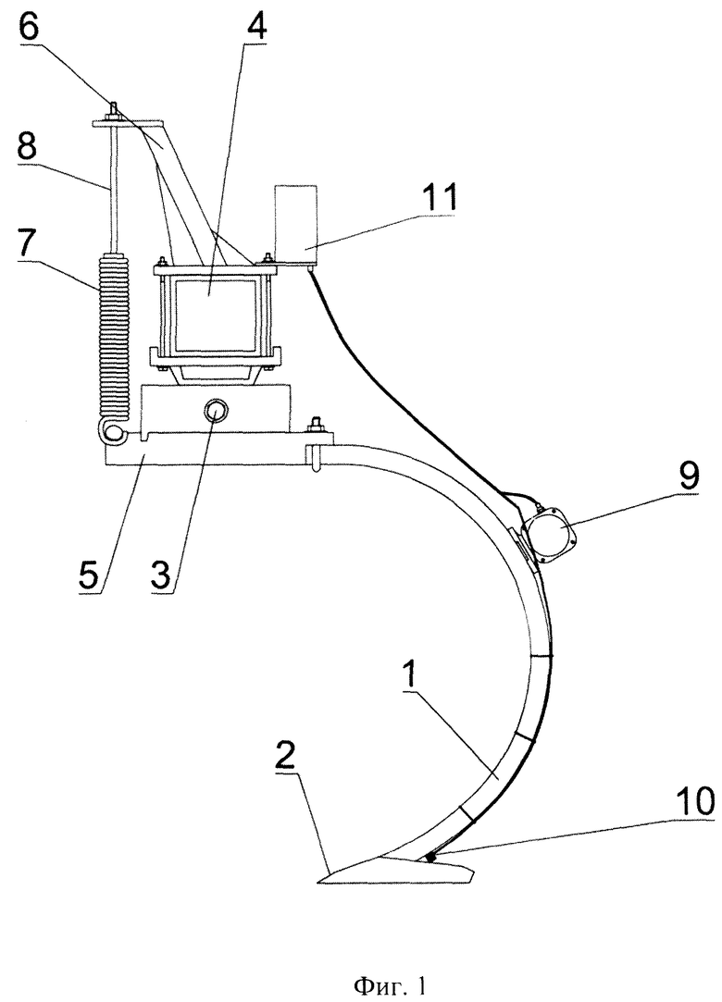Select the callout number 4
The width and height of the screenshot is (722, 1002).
click(x=251, y=23)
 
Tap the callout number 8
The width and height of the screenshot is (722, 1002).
click(x=28, y=148)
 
